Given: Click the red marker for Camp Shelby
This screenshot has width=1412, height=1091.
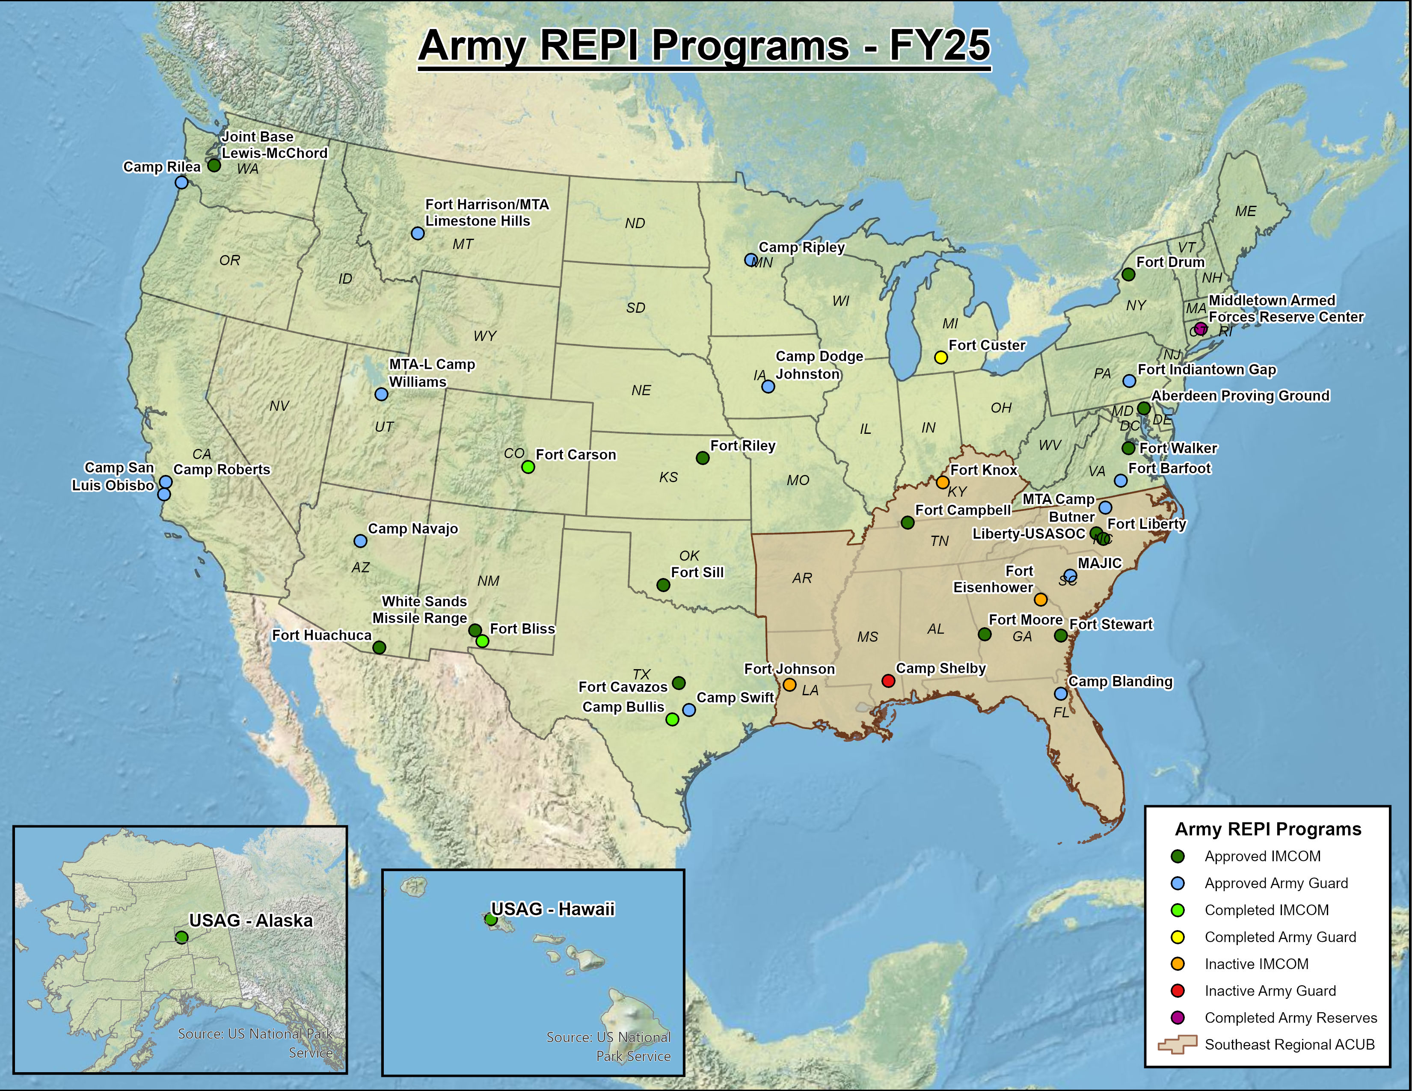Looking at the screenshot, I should tap(888, 681).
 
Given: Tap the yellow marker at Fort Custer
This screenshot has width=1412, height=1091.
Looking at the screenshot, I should tap(941, 357).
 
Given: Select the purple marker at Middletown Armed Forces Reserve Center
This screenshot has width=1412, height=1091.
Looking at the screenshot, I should tap(1200, 328).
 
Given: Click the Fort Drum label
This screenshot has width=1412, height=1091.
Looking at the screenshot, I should tap(1170, 262).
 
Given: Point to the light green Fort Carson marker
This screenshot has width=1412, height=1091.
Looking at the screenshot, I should tap(528, 467).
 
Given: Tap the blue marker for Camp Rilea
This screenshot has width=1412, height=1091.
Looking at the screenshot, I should tap(182, 182).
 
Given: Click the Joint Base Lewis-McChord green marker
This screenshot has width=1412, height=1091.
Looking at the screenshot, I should tap(214, 166).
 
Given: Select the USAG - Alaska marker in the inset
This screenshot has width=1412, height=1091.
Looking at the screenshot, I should tap(182, 937).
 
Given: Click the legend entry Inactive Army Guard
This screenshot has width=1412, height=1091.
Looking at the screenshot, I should tap(1270, 991).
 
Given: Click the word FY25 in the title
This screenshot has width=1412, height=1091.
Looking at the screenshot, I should tap(939, 45).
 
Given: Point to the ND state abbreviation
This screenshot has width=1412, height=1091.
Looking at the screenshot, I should tap(635, 223).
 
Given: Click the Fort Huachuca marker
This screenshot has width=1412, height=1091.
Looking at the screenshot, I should tap(380, 647).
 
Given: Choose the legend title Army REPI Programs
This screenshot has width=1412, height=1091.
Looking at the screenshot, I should tap(1268, 829).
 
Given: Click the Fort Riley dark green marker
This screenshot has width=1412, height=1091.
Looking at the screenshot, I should tap(703, 458).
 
